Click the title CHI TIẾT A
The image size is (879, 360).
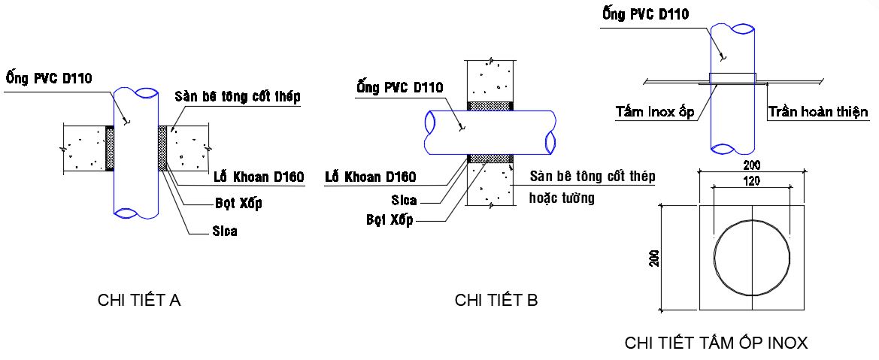(139, 301)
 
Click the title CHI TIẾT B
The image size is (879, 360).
(496, 301)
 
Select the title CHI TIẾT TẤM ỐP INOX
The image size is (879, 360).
(716, 343)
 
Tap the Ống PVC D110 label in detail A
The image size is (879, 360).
(49, 78)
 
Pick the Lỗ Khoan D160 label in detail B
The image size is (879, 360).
(370, 178)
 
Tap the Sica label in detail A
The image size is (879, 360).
(224, 231)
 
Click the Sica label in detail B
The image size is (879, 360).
(404, 201)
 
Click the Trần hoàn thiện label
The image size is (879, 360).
(818, 113)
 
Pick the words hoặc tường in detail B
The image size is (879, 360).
(562, 198)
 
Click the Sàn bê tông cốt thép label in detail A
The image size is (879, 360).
(238, 97)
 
